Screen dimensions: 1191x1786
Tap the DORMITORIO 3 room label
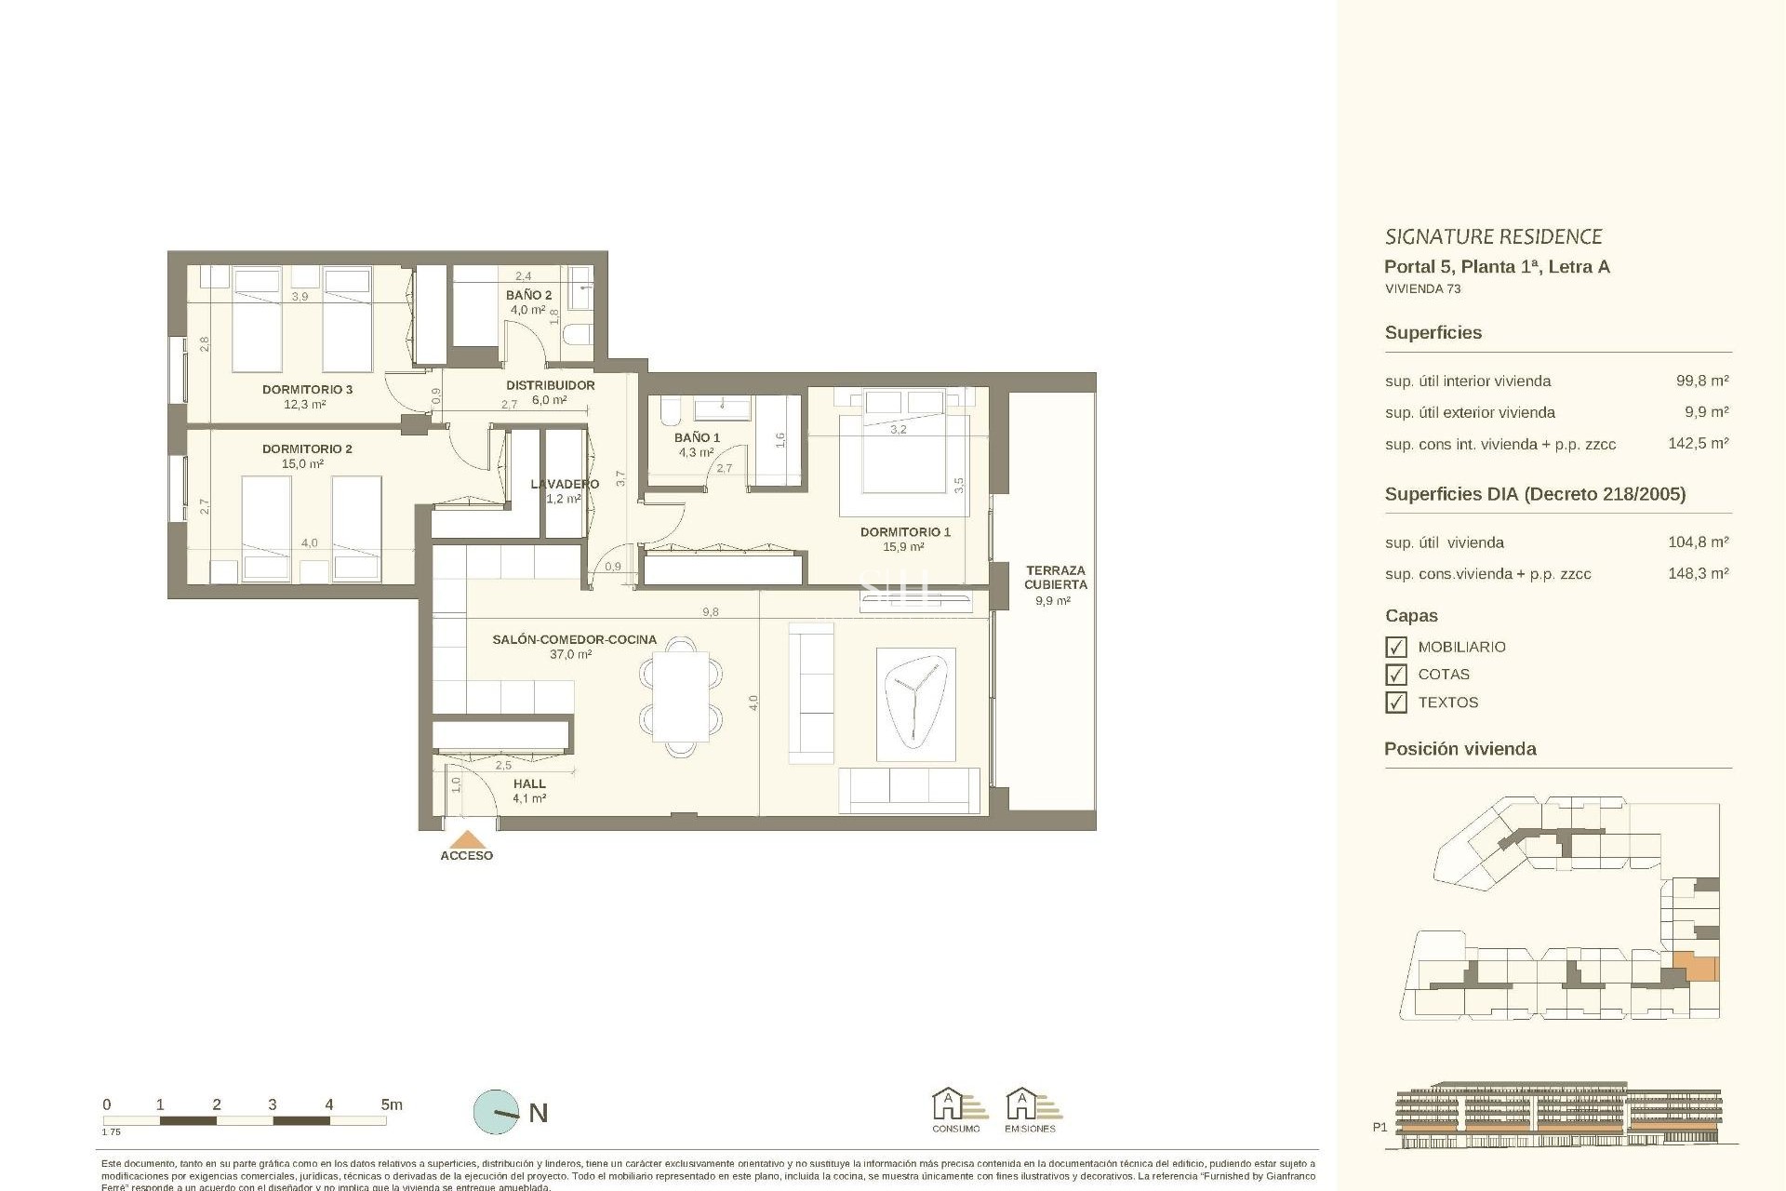tap(307, 390)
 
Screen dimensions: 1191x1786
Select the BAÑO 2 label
tap(528, 295)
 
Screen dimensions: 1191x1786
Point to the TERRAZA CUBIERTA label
tap(1055, 578)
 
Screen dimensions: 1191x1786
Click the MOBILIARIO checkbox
tap(1395, 647)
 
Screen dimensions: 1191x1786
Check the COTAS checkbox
tap(1395, 675)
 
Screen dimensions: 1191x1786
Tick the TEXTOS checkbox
tap(1395, 703)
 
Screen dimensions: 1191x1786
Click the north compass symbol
tap(497, 1112)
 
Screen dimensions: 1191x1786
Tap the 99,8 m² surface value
tap(1701, 381)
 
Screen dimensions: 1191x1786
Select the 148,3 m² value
tap(1698, 573)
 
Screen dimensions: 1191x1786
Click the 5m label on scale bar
tap(391, 1104)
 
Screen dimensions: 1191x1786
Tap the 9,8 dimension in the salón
tap(711, 612)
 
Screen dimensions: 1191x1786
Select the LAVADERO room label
tap(565, 484)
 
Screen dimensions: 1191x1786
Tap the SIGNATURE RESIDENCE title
tap(1493, 236)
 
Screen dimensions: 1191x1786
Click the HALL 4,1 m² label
tap(529, 791)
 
